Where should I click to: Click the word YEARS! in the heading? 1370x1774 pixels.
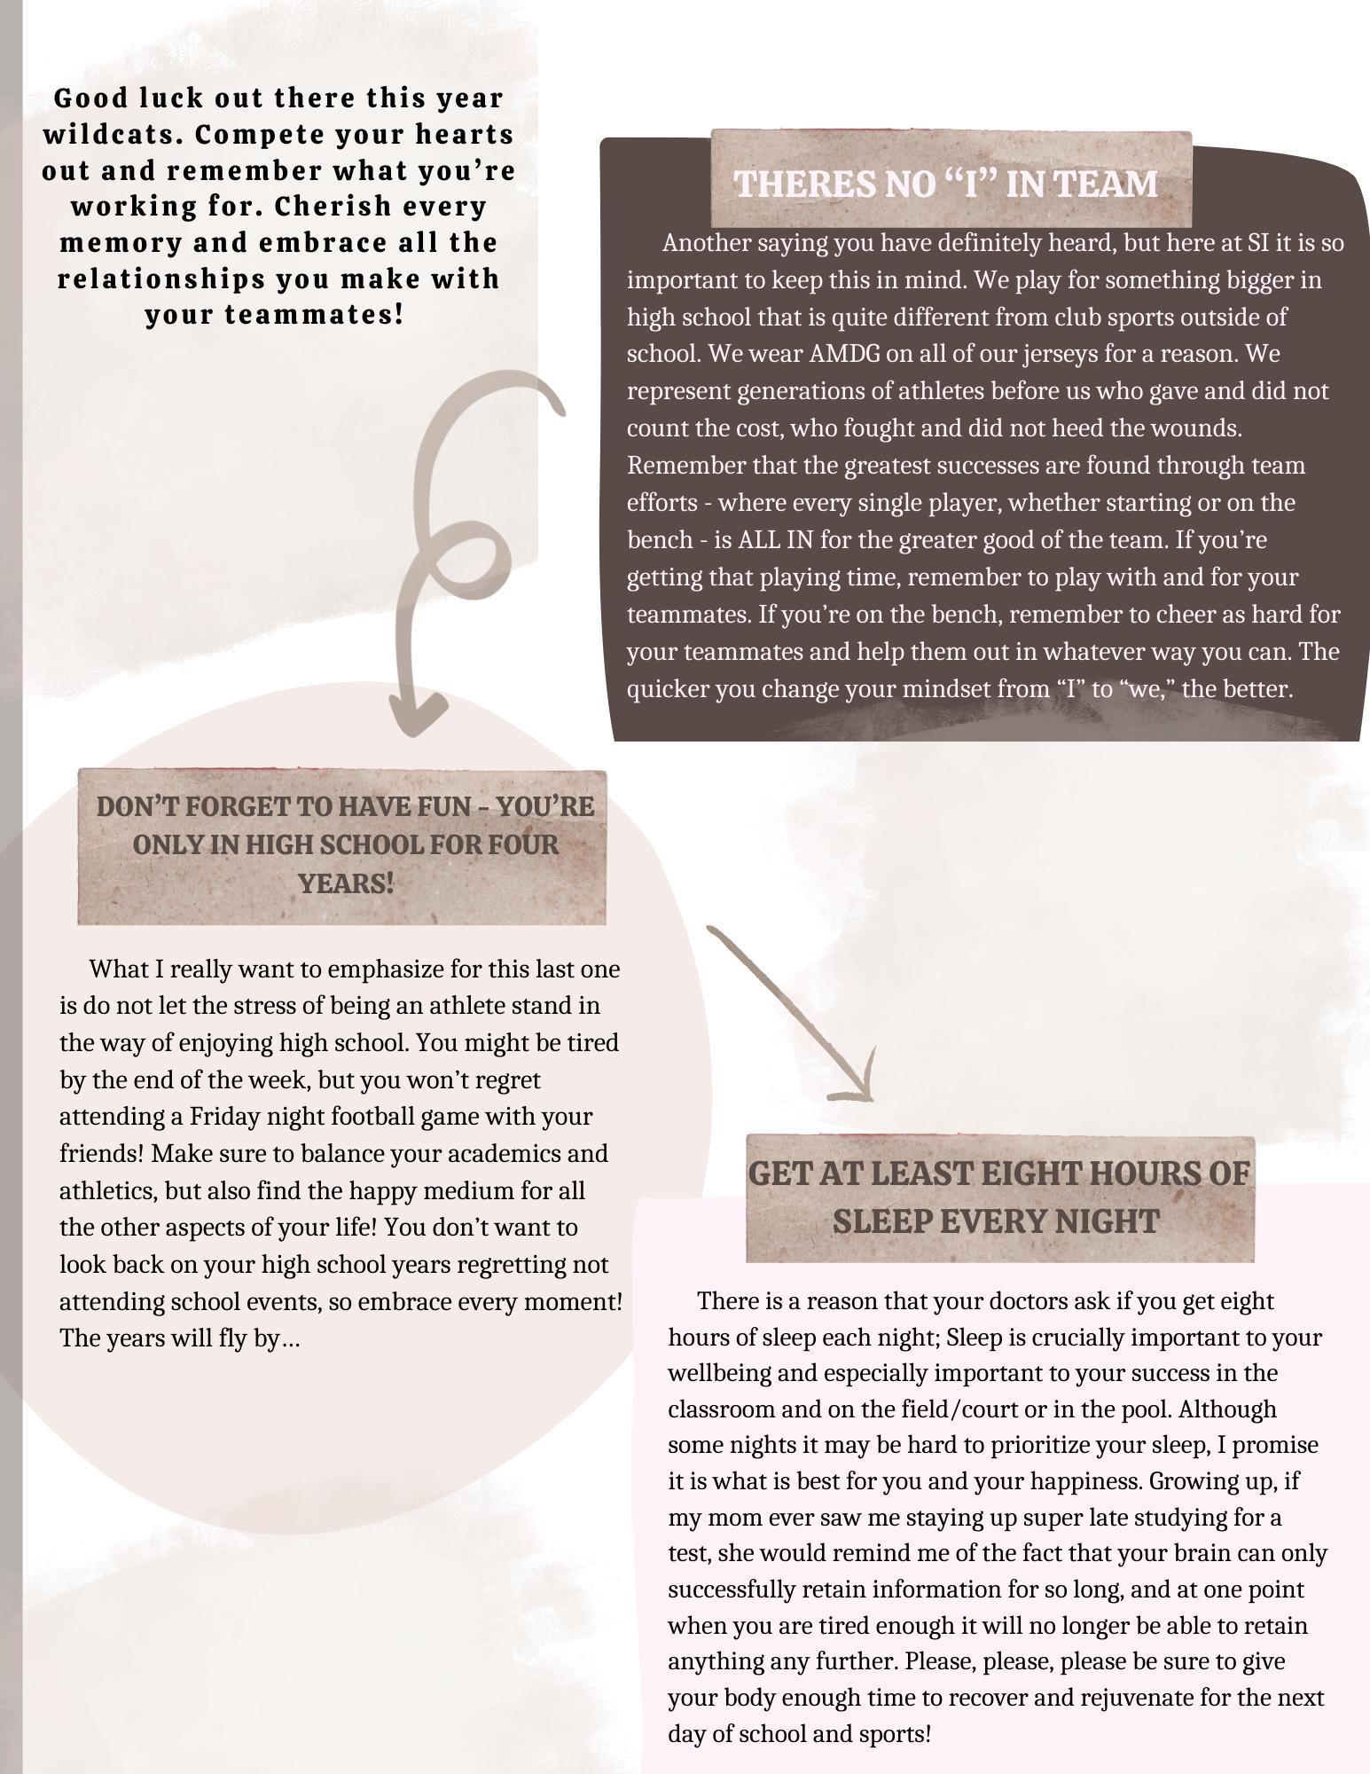pyautogui.click(x=345, y=883)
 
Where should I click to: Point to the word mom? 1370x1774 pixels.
pyautogui.click(x=726, y=1518)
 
